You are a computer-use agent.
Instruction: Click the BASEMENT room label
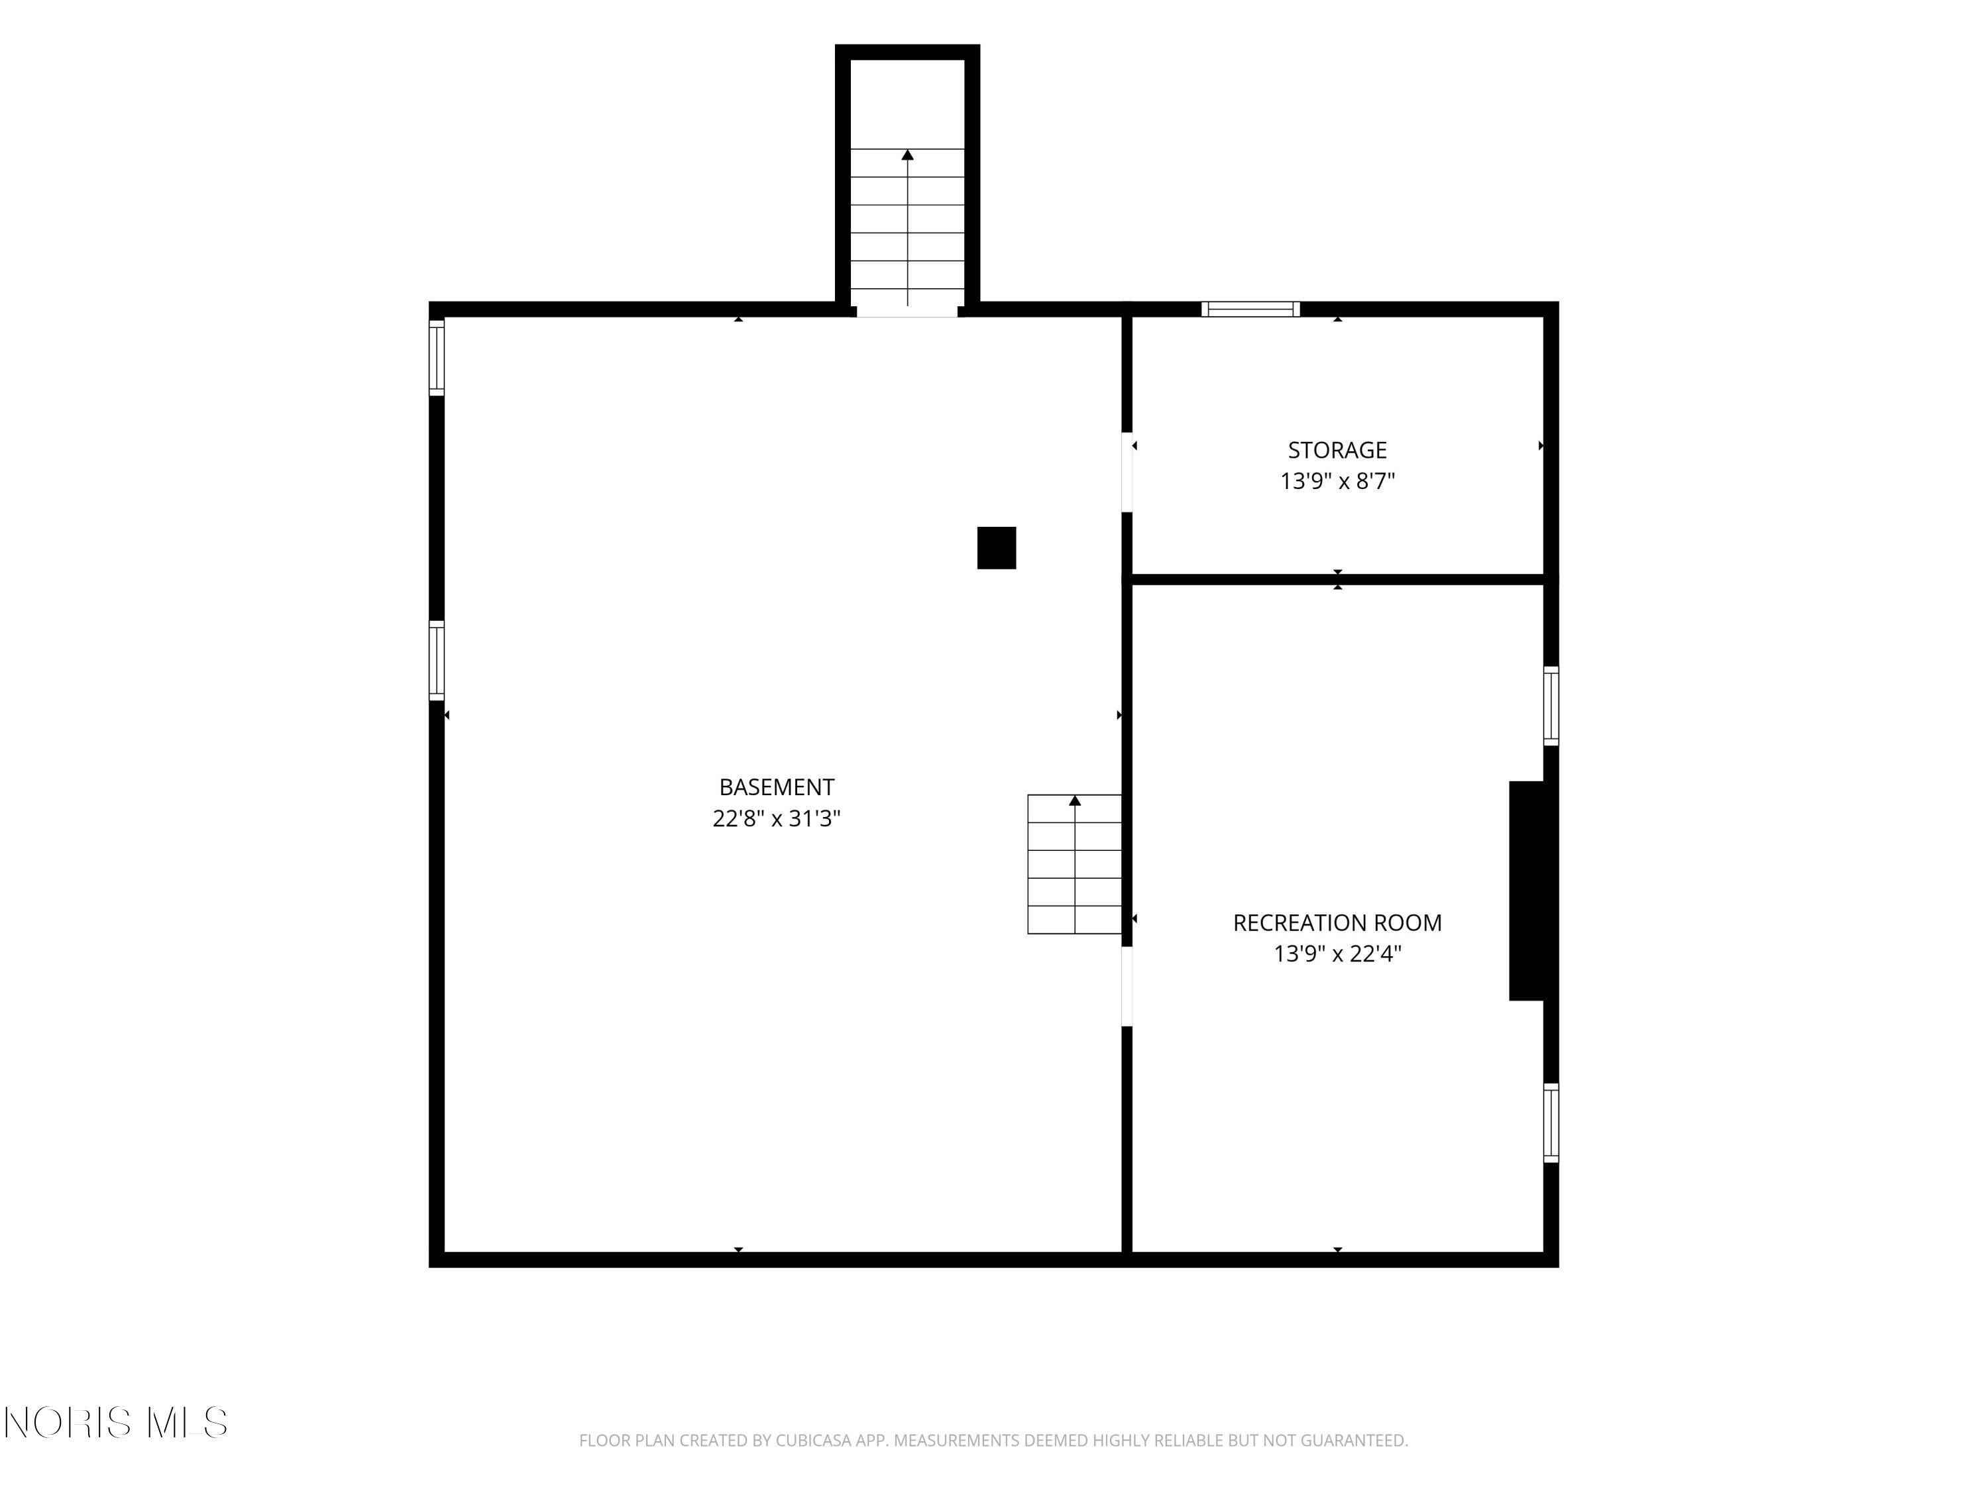click(x=777, y=787)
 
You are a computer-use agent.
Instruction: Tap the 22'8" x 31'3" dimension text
click(x=777, y=819)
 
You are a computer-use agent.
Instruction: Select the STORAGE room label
click(x=1337, y=450)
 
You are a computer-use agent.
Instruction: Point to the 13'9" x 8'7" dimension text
click(x=1337, y=482)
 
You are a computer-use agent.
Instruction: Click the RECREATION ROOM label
click(x=1337, y=923)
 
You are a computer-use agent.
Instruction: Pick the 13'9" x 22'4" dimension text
click(x=1337, y=954)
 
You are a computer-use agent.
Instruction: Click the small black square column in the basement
click(x=997, y=548)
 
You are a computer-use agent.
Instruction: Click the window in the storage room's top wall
click(x=1251, y=309)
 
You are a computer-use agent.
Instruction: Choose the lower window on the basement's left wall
click(x=437, y=661)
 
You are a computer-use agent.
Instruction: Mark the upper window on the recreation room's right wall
click(x=1551, y=706)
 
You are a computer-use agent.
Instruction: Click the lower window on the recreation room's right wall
click(x=1551, y=1123)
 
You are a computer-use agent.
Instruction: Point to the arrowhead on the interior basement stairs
click(x=1075, y=801)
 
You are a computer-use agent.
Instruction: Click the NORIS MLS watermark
click(x=115, y=1423)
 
